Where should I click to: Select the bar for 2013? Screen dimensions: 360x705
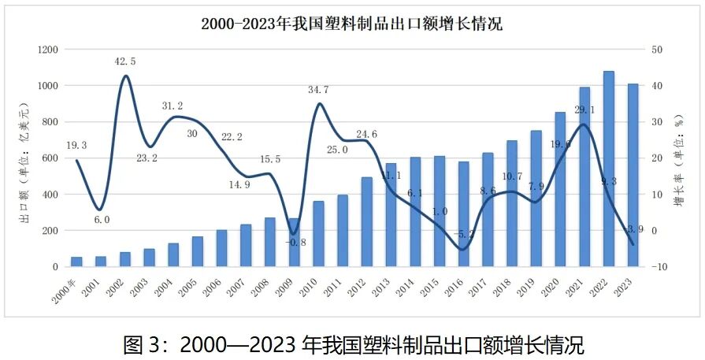coord(391,215)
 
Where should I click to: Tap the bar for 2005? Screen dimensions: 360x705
coord(198,251)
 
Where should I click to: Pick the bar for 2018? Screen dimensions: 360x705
coord(511,203)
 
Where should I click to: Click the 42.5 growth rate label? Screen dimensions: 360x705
coord(124,61)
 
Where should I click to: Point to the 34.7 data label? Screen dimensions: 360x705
coord(318,90)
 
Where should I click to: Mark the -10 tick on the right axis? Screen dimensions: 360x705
coord(660,267)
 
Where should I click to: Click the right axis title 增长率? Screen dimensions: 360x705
coord(679,158)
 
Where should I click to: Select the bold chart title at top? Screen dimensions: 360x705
coord(351,24)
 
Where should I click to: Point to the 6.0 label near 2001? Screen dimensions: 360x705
coord(102,220)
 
